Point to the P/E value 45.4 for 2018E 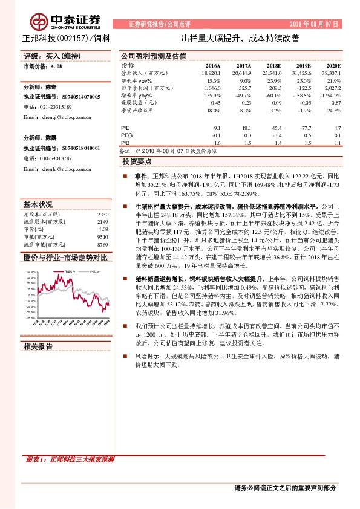[x=276, y=128]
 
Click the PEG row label [x=127, y=136]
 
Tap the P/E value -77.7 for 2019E [x=303, y=128]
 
